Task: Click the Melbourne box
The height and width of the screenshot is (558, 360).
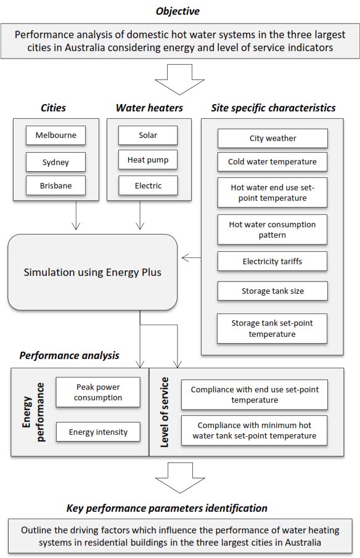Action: pos(55,135)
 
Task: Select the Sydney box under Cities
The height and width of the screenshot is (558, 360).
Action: pos(55,162)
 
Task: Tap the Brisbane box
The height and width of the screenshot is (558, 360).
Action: pos(55,185)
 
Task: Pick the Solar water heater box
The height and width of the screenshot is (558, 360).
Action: pos(148,135)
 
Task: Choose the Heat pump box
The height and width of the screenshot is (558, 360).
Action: pos(148,160)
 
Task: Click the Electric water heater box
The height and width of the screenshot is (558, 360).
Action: pos(148,185)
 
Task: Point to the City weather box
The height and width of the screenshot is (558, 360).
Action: pos(272,139)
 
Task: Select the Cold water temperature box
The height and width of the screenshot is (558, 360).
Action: pos(272,161)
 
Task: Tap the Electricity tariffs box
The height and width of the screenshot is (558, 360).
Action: pos(272,261)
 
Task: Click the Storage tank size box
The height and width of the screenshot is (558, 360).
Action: pos(272,291)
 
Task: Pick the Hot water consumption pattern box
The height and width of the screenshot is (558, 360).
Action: pos(272,230)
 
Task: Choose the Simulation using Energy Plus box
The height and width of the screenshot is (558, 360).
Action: pos(92,272)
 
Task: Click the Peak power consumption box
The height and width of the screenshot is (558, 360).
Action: pos(98,392)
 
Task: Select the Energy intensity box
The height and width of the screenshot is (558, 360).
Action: pos(98,432)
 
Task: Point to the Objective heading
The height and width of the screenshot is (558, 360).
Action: pos(178,11)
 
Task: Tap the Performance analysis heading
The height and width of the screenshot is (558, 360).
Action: pos(70,355)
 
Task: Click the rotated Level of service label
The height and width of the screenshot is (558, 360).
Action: pos(164,412)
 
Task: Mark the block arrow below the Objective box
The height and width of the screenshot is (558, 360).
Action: pos(180,79)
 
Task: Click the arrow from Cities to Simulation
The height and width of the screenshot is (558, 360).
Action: pos(76,215)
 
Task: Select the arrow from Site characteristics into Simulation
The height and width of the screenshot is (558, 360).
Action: pos(191,258)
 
